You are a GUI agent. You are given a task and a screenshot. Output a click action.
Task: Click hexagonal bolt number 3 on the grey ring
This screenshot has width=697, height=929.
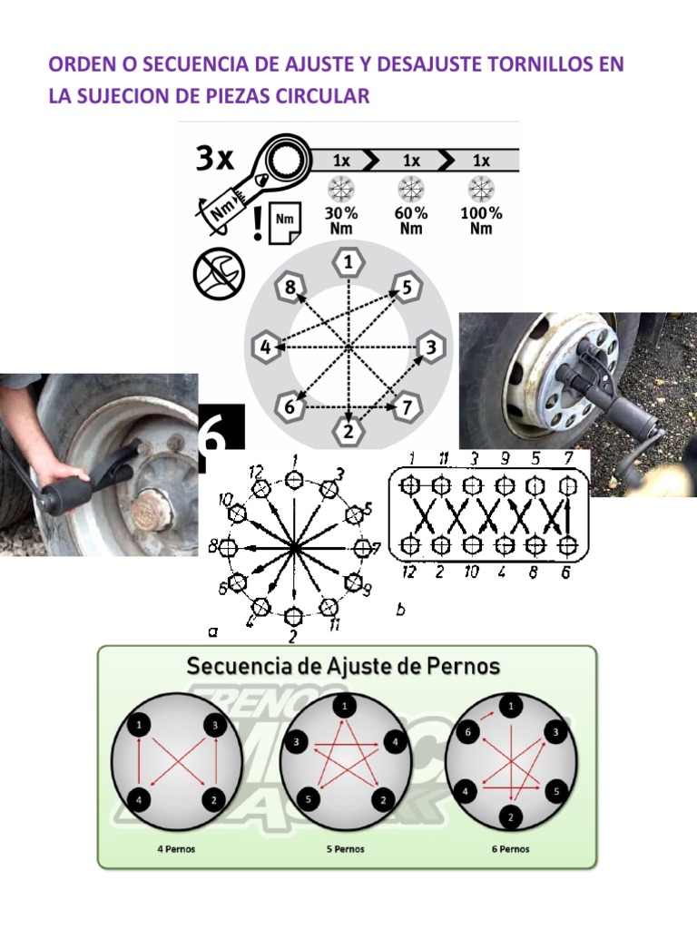tap(431, 347)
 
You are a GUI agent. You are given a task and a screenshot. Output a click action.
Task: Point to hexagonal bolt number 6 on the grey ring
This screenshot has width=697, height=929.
tap(289, 407)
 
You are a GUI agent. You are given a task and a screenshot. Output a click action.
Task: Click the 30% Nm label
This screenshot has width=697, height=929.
tap(341, 220)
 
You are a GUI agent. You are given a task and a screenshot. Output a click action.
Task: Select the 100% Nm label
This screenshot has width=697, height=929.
tap(481, 220)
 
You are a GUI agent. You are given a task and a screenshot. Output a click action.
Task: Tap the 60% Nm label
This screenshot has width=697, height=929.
tap(411, 220)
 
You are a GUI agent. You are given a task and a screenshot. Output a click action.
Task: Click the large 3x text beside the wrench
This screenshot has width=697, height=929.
tap(215, 160)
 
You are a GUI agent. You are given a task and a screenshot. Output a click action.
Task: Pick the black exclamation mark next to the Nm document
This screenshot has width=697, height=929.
tap(260, 223)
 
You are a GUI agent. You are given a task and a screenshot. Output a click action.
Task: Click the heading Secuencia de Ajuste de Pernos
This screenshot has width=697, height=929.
tap(343, 666)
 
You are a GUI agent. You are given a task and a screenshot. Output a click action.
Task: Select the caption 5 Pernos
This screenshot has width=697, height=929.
tap(345, 850)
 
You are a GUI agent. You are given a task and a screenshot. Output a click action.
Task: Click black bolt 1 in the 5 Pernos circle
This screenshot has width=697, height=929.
tap(344, 706)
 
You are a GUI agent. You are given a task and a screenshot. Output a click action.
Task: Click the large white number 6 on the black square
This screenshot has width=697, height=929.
tap(221, 434)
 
